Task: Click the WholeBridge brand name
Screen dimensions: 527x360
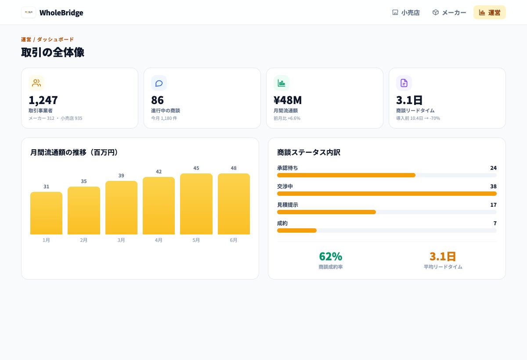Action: pos(61,12)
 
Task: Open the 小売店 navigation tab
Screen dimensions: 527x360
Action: pos(406,12)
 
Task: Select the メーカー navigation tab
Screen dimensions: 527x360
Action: pos(449,12)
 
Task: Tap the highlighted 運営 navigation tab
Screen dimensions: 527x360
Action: pos(489,12)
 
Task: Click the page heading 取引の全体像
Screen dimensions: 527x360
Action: pos(53,52)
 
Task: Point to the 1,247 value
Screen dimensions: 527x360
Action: pos(43,100)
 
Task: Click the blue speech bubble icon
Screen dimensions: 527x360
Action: pos(159,83)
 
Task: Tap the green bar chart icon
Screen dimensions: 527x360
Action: pos(282,83)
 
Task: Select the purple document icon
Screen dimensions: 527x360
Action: pos(404,83)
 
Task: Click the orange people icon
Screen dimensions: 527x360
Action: pos(36,83)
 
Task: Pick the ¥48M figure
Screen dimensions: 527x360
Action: pos(288,100)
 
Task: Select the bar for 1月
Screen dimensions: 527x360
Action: pos(47,213)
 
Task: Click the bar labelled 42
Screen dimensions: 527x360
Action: pos(159,205)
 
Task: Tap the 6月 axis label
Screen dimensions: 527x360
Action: pos(234,240)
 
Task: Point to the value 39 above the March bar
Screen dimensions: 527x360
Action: pos(121,176)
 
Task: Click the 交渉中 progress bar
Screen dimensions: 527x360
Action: pos(387,194)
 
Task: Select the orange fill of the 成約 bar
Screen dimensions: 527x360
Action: pos(297,230)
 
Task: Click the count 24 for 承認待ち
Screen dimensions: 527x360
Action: pos(493,168)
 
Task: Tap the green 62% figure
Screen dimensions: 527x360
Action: pos(331,256)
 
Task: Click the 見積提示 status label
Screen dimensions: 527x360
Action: pos(288,205)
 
